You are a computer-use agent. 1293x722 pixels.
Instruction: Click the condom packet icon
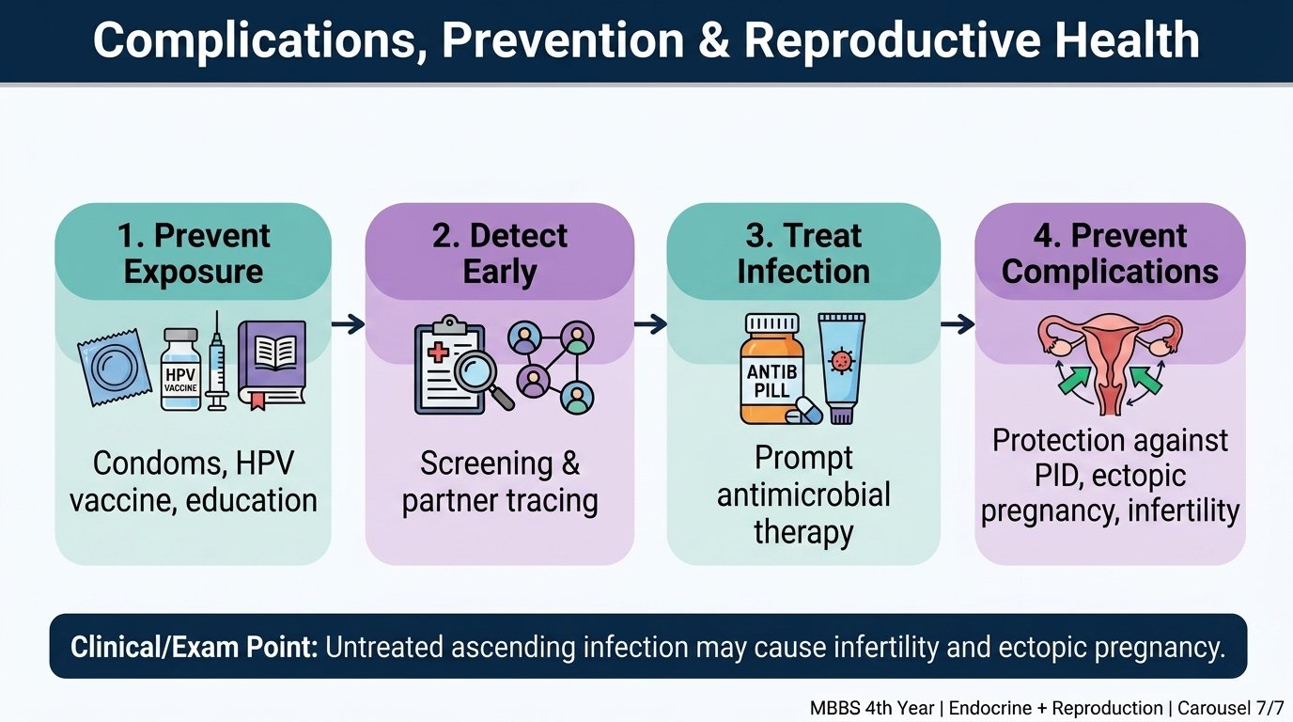tap(114, 368)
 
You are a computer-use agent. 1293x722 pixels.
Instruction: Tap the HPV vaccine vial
tap(180, 369)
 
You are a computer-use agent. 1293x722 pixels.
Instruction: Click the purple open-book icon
tap(272, 364)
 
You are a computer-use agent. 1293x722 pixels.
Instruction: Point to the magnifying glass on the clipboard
tap(483, 379)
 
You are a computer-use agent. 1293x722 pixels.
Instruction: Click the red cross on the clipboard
tap(438, 352)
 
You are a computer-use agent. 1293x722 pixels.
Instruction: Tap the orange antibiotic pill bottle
tap(773, 369)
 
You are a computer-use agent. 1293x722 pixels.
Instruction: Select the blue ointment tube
tap(842, 368)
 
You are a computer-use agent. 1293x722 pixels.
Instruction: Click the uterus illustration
tap(1110, 364)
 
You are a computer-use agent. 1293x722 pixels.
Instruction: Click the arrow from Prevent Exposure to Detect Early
tap(348, 324)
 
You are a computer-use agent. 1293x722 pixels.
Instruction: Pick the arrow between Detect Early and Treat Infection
tap(650, 324)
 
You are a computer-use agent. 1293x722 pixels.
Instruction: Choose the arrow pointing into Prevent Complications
tap(958, 324)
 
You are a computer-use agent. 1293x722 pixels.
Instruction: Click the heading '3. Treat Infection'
tap(803, 253)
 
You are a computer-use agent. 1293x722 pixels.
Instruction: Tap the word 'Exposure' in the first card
tap(194, 272)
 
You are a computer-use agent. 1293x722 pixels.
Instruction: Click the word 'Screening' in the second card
tap(486, 463)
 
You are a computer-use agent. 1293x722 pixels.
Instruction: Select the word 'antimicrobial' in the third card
tap(803, 495)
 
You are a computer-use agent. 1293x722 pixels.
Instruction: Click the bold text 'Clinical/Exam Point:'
tap(194, 647)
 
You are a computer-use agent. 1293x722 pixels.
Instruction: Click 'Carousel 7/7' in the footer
tap(1228, 708)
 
